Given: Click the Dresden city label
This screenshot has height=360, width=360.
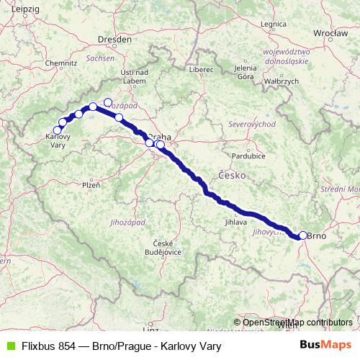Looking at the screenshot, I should click(x=116, y=40).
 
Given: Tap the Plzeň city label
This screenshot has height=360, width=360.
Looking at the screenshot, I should click(x=91, y=185).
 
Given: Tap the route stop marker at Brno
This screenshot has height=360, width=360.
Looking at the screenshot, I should click(x=303, y=235).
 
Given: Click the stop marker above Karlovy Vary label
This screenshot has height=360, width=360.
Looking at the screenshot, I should click(x=58, y=130).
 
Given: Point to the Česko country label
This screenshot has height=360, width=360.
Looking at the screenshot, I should click(x=232, y=175).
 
